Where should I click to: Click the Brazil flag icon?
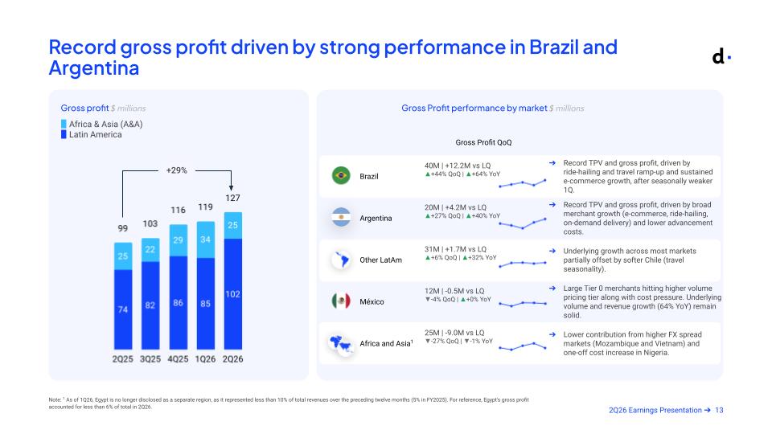point(341,176)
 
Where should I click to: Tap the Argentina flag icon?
point(341,218)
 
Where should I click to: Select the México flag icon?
point(341,301)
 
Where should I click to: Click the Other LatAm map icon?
point(341,260)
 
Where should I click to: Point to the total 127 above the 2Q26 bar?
point(232,198)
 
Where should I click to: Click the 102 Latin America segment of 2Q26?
point(233,294)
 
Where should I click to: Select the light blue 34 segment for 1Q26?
point(205,240)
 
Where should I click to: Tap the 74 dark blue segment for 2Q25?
point(123,309)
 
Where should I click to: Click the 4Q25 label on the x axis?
point(178,359)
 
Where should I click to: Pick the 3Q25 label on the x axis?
point(150,359)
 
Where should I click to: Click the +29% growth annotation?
point(176,170)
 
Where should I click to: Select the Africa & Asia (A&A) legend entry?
point(101,124)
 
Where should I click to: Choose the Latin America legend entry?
point(91,134)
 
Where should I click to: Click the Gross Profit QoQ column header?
point(483,142)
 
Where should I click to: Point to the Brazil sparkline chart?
point(523,183)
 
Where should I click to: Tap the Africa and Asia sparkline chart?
point(523,346)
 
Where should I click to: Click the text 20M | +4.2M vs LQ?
point(455,207)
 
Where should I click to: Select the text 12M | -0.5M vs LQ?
point(454,291)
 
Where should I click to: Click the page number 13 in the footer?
point(719,410)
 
